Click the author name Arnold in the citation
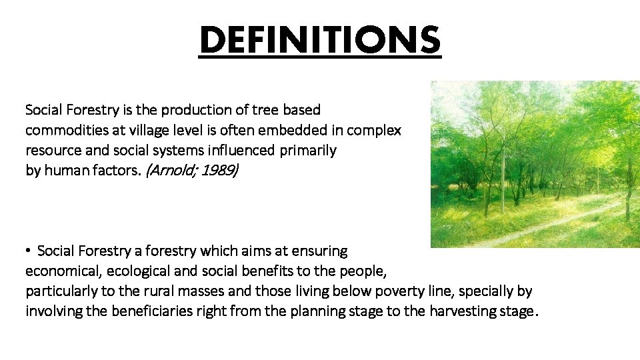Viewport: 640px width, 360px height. (x=164, y=171)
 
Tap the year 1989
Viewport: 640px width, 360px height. (x=218, y=171)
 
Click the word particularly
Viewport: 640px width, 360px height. (x=59, y=292)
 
